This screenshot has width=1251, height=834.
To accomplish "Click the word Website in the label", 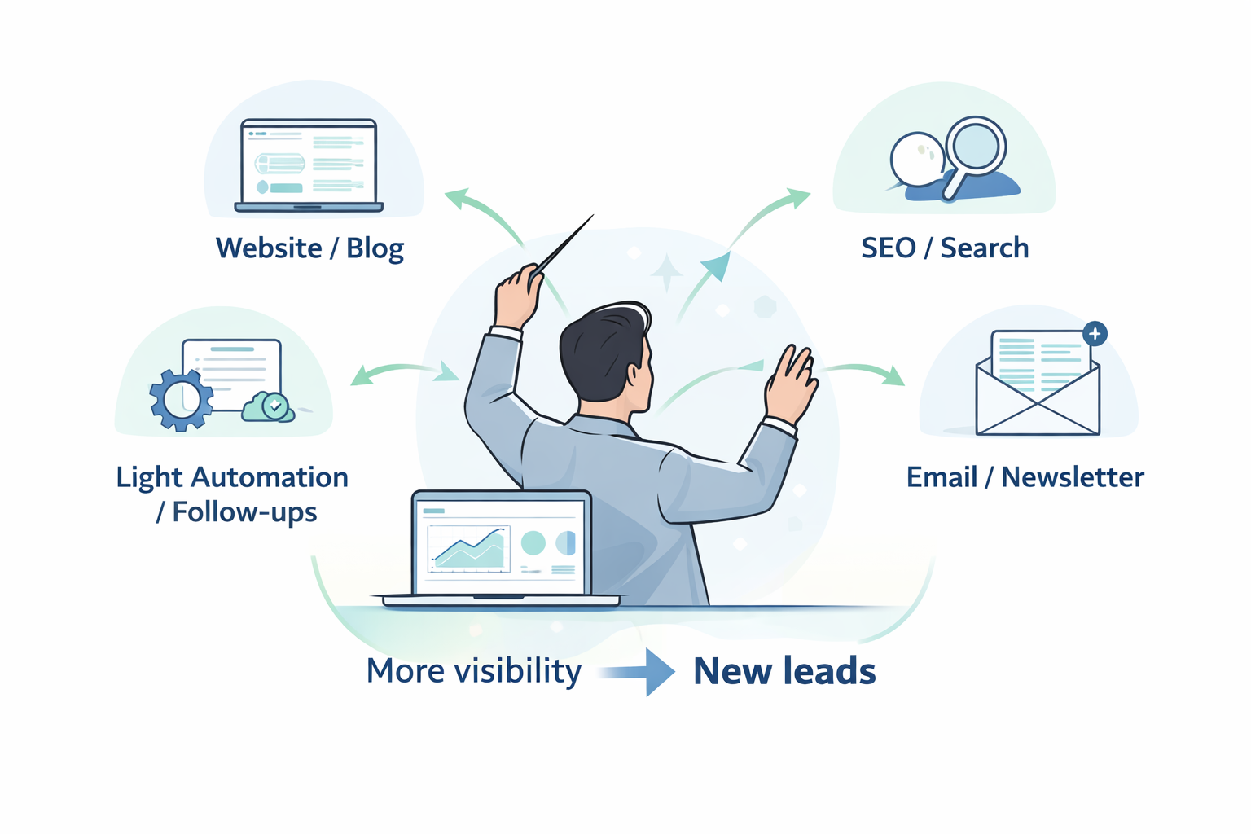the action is tap(269, 248).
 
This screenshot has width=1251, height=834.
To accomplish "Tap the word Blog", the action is tap(375, 248).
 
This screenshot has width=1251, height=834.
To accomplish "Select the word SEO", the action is tap(889, 248).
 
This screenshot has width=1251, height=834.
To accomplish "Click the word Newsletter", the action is tap(1073, 477).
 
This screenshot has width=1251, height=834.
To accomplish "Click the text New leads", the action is tap(784, 671).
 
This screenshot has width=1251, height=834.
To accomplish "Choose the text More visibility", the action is tap(474, 671).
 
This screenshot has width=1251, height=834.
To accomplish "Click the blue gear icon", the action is tap(181, 399).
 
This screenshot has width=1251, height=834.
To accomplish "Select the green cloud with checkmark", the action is tap(270, 406).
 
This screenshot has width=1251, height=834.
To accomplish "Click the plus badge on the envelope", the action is tap(1095, 334).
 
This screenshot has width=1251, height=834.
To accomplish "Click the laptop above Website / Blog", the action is tap(309, 165).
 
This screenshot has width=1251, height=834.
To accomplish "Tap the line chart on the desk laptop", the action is tap(467, 547).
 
